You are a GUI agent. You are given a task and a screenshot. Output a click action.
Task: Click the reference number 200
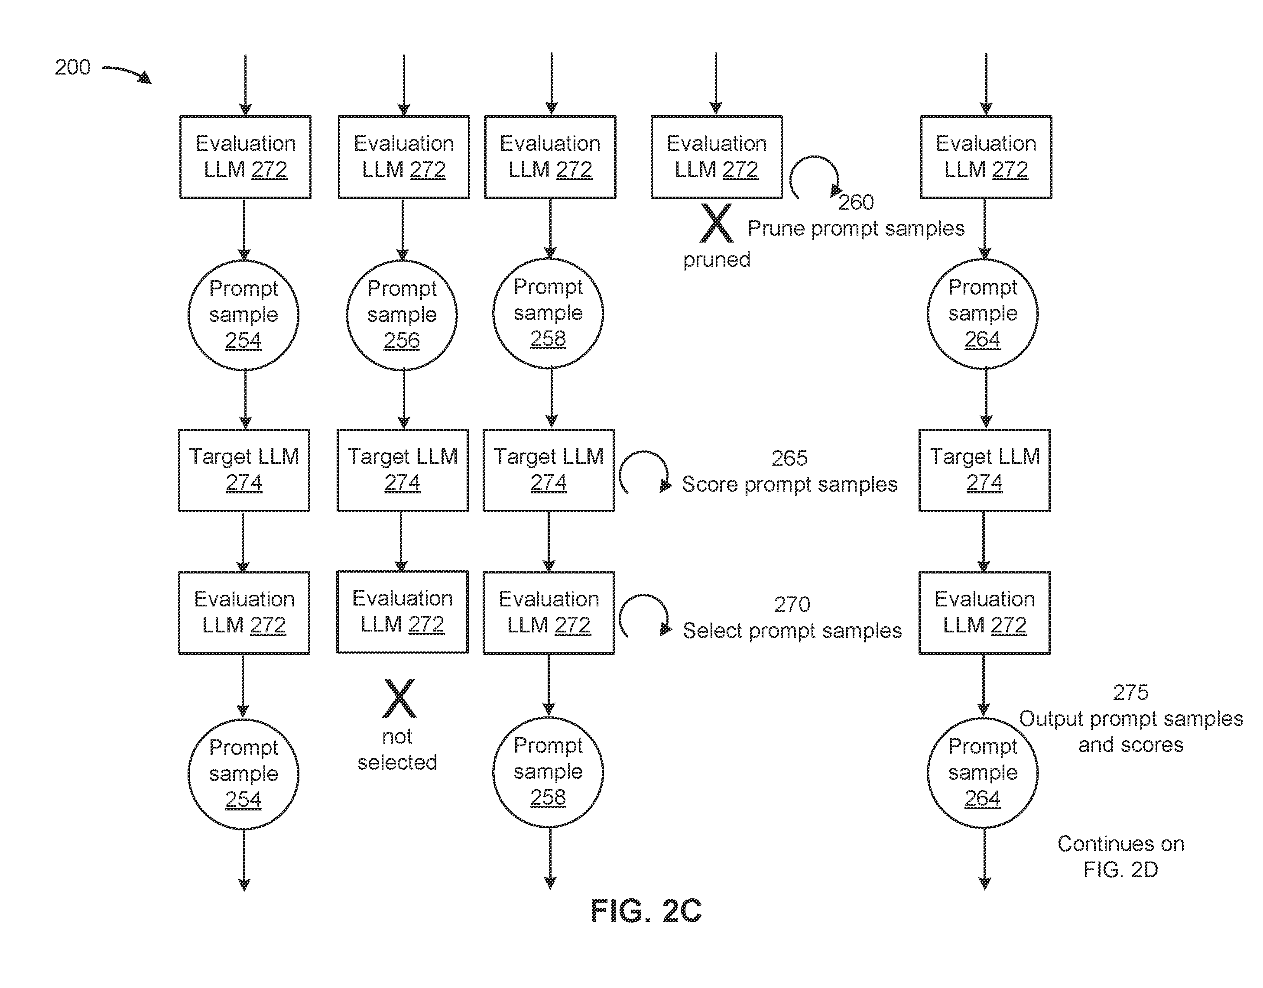click(72, 67)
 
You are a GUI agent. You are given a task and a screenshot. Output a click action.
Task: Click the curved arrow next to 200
click(127, 72)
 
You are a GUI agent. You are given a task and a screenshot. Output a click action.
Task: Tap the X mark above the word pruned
click(716, 223)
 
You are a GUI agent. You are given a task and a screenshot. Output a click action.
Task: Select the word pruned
click(716, 260)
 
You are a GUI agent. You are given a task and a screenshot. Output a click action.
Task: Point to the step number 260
click(856, 202)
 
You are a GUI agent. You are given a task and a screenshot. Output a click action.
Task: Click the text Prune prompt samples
click(856, 229)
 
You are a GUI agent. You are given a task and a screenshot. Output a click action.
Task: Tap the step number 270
click(792, 605)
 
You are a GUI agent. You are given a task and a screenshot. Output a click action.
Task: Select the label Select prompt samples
click(792, 631)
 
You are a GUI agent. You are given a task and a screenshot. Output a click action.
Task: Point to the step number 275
click(1130, 693)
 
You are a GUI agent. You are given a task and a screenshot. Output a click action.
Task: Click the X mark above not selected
click(399, 698)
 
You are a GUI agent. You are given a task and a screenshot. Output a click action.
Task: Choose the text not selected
click(397, 750)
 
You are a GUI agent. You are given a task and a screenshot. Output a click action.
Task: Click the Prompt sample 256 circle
click(402, 315)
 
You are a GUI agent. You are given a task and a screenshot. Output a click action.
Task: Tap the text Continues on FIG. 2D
click(1121, 857)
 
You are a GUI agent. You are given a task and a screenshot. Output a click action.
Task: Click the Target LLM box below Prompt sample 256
click(403, 470)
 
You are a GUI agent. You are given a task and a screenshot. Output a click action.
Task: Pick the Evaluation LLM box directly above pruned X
click(717, 157)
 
